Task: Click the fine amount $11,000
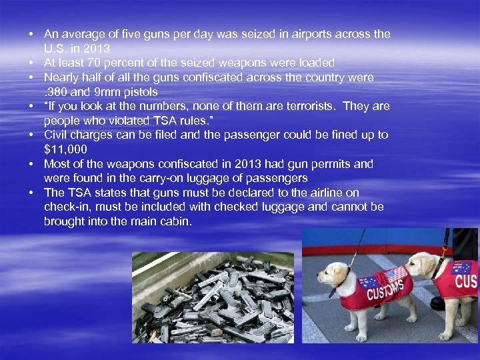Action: (65, 149)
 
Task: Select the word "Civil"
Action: (56, 135)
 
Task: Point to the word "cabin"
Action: (175, 221)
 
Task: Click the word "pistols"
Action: (140, 92)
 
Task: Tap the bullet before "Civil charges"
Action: (31, 135)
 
